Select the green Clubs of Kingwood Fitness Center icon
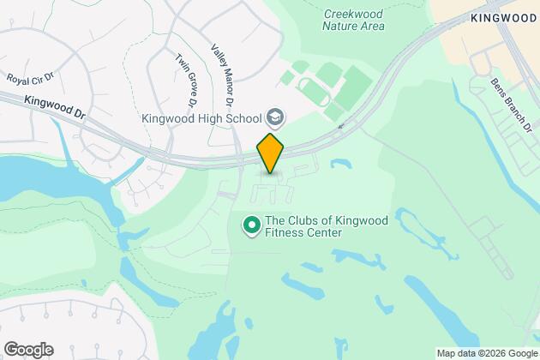tap(252, 226)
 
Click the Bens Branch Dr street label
tap(512, 105)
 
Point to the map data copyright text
tap(486, 352)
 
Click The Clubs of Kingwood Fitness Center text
tap(327, 226)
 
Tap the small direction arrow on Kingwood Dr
tap(342, 126)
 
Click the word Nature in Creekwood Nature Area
tap(343, 26)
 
